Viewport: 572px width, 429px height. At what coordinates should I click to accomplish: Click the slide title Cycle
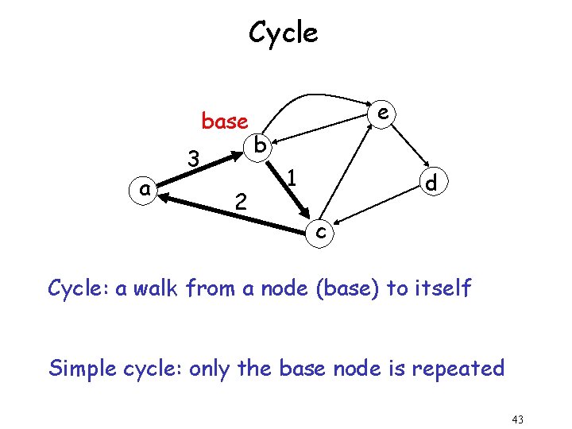coord(283,33)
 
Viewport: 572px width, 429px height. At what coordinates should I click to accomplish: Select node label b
coord(261,145)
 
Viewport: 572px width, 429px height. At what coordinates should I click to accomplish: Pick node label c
coord(319,231)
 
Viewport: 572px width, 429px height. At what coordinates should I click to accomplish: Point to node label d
coord(431,184)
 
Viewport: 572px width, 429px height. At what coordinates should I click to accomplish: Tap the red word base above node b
coord(225,122)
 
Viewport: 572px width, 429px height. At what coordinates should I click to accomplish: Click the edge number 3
coord(192,159)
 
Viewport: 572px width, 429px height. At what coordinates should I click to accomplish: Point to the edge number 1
coord(292,177)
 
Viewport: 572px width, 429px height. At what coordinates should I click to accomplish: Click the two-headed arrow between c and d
coord(377,208)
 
